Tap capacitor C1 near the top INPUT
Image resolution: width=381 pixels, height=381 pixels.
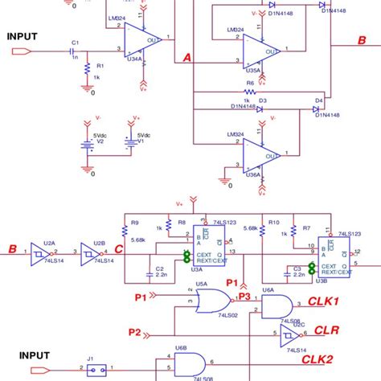(75, 51)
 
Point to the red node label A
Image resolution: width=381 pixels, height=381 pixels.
(187, 58)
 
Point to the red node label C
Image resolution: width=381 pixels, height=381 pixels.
(119, 248)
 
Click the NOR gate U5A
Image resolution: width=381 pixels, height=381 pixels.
(213, 305)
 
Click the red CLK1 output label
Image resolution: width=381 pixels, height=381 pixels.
(325, 301)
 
